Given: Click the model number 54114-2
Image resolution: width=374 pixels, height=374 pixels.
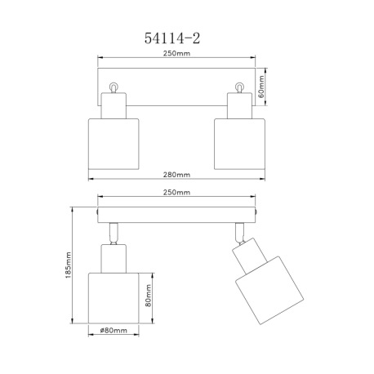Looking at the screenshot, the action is point(172,38).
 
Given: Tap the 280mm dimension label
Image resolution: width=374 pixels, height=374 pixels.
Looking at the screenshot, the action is point(176,175).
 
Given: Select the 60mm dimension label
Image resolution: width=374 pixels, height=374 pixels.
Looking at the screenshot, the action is point(260,87).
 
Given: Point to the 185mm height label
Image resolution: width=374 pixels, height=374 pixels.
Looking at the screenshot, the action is point(68,265).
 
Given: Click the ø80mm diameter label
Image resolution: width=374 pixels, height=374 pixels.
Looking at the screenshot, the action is point(114,330).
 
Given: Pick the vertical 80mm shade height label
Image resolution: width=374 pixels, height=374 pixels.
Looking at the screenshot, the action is point(148,296).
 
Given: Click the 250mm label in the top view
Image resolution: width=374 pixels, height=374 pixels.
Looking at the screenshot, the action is point(176,53).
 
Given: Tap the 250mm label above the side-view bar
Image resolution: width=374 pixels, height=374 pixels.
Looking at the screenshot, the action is point(176,192).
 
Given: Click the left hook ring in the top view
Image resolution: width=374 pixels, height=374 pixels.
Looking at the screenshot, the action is point(114,87).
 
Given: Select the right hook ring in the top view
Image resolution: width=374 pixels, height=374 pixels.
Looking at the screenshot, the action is point(239,87).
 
